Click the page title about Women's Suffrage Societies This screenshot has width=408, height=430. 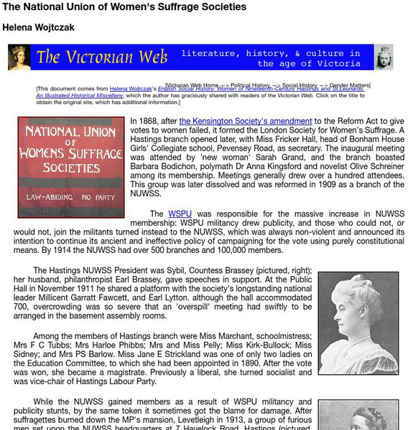click(124, 7)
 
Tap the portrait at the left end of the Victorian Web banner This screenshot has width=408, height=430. click(19, 57)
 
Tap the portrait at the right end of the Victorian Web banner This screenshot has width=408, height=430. click(384, 57)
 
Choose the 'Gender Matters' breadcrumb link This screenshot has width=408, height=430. click(351, 85)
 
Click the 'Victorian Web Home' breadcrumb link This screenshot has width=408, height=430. click(192, 85)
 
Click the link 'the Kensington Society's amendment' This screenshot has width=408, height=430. click(246, 121)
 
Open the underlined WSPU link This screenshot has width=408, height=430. click(180, 214)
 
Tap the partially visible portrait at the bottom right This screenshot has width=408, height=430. click(358, 415)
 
